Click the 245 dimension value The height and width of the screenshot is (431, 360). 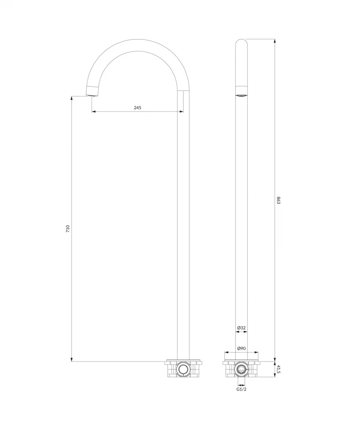tap(138, 108)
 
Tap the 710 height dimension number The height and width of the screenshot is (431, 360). tap(68, 229)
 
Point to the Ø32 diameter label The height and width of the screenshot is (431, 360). tap(241, 327)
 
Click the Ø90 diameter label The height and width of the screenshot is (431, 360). tap(241, 348)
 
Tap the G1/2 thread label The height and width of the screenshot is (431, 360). tap(241, 389)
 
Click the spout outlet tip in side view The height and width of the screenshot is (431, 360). tap(92, 96)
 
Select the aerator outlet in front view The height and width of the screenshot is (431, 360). tap(241, 96)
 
